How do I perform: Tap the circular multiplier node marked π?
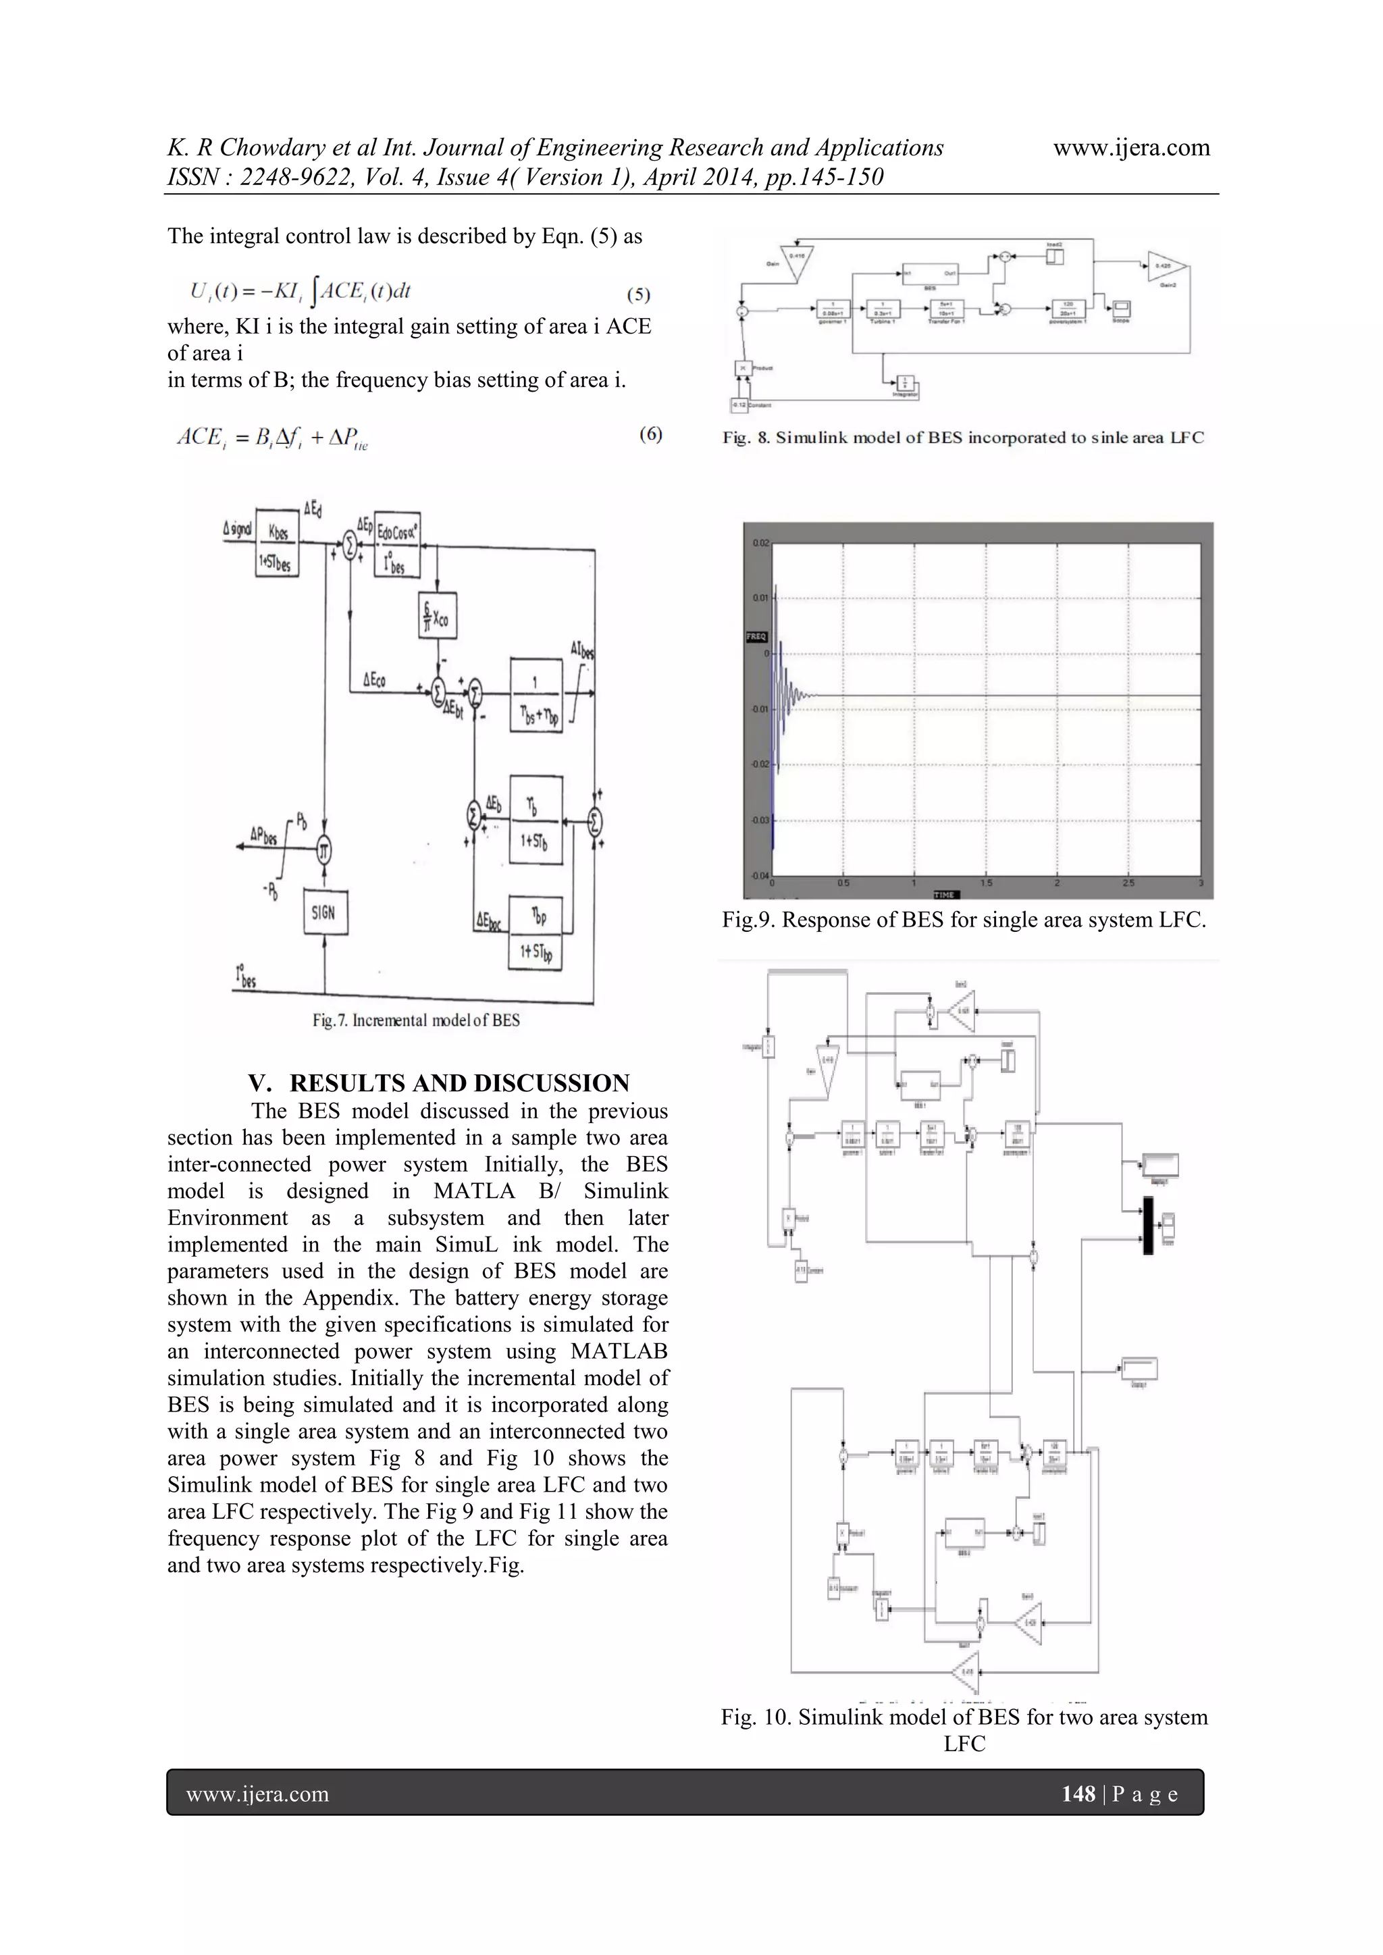tap(323, 850)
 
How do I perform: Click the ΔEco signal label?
tap(374, 679)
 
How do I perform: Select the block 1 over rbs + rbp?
tap(536, 695)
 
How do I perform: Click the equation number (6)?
tap(650, 435)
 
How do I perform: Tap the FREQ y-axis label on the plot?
tap(756, 636)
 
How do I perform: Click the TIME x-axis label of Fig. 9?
tap(945, 895)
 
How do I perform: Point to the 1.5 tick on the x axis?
tap(985, 884)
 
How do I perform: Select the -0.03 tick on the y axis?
tap(759, 820)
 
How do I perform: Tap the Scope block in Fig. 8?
tap(1121, 309)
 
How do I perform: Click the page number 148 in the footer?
tap(1078, 1794)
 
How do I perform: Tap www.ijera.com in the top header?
tap(1131, 148)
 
